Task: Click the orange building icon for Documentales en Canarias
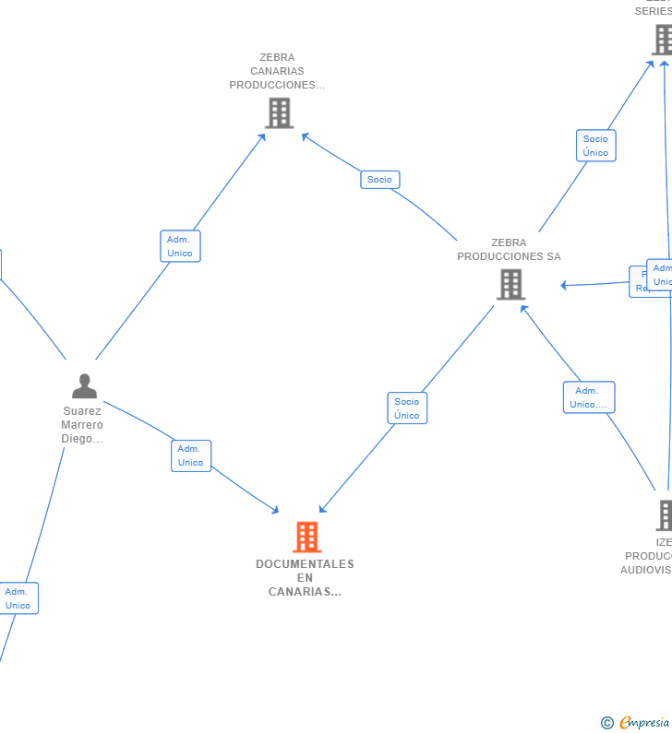(x=306, y=537)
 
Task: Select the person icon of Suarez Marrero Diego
(x=84, y=386)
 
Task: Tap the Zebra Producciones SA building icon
(x=510, y=284)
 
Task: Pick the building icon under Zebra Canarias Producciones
(x=279, y=112)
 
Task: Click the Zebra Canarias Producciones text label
(x=277, y=71)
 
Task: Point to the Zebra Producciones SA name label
(x=509, y=250)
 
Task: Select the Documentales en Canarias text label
(x=305, y=577)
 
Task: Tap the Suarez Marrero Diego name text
(x=82, y=425)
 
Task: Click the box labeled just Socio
(x=379, y=180)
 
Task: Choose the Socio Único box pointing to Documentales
(x=407, y=408)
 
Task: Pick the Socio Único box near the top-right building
(x=595, y=146)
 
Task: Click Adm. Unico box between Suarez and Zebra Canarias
(x=180, y=246)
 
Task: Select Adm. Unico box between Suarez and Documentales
(x=191, y=455)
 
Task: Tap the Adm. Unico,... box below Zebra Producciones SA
(x=589, y=397)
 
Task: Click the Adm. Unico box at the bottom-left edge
(x=18, y=598)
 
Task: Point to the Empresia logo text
(x=645, y=722)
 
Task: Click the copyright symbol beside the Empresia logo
(x=607, y=723)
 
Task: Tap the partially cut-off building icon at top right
(x=663, y=40)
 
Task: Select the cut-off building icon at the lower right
(x=665, y=514)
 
